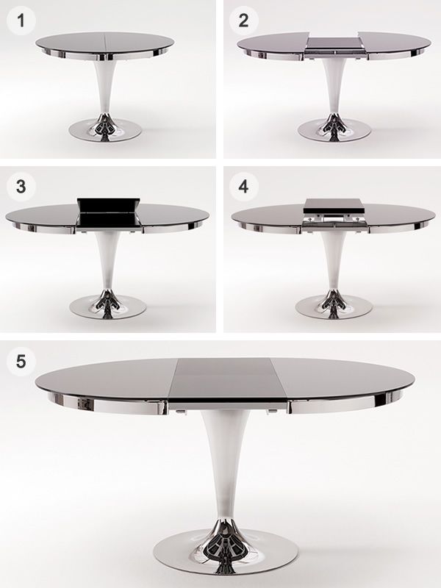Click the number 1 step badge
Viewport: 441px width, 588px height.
click(x=21, y=21)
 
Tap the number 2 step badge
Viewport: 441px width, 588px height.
click(x=243, y=21)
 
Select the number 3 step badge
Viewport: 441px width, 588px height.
click(x=21, y=187)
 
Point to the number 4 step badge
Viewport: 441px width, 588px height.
click(x=243, y=187)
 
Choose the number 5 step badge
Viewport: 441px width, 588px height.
click(x=21, y=362)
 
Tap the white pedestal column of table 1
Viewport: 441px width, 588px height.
click(x=104, y=87)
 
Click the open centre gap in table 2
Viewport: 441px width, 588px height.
click(x=333, y=46)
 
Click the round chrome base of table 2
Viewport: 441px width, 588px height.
click(x=334, y=130)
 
